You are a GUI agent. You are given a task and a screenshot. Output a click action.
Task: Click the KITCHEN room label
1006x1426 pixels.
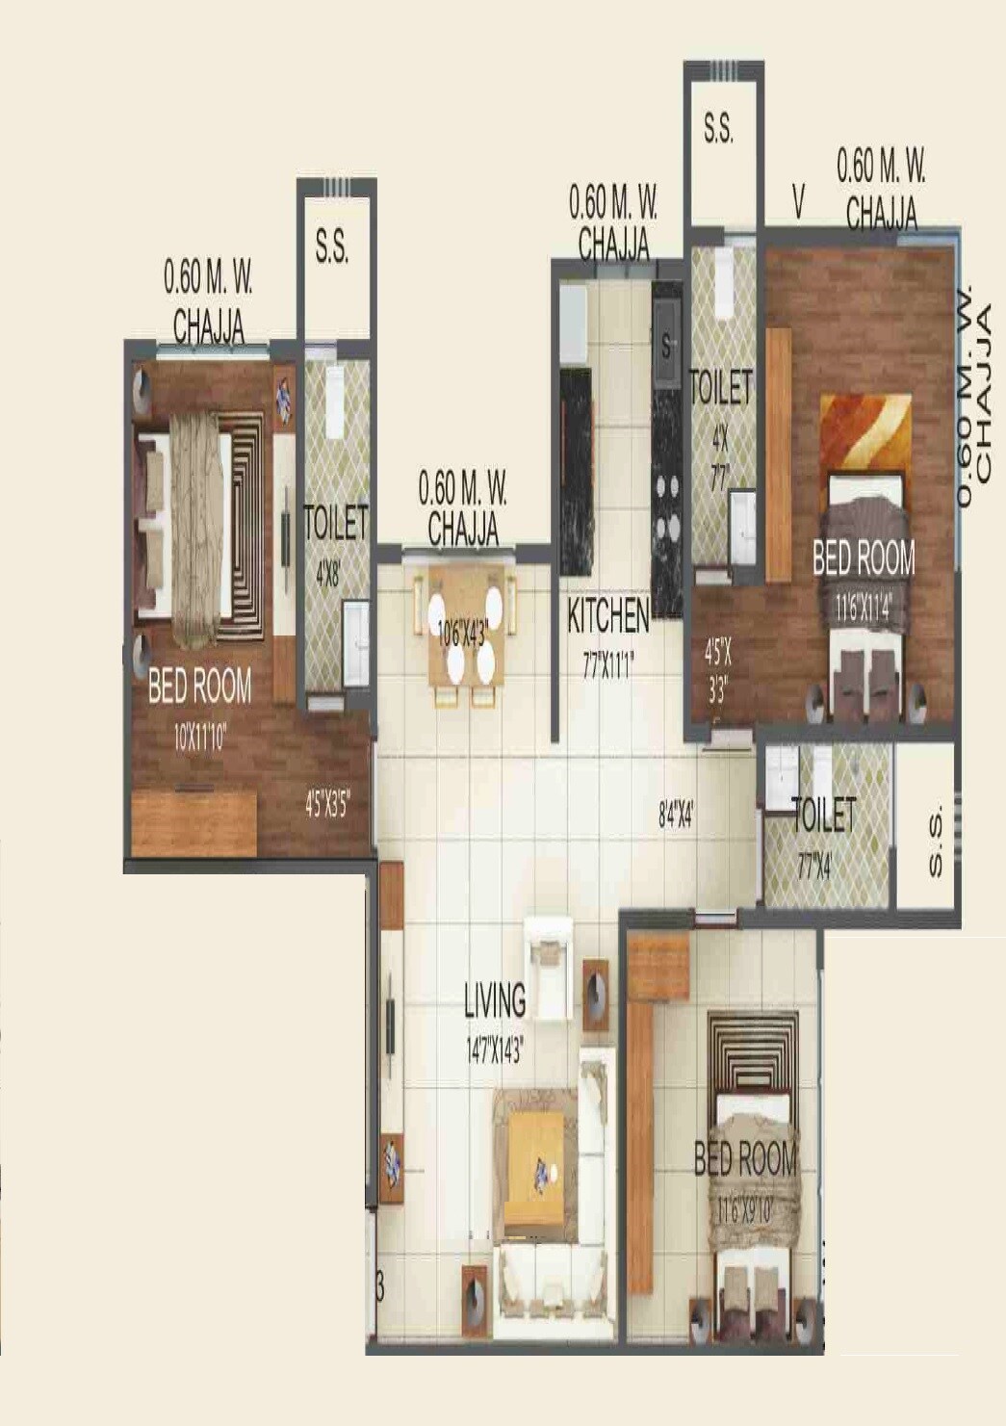(607, 615)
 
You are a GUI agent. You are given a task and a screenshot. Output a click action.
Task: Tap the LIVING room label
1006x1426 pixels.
(495, 1000)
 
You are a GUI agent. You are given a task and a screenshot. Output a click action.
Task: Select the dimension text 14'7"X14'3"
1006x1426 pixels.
(495, 1050)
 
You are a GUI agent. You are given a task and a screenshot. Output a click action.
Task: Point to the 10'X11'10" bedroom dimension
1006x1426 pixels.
(200, 738)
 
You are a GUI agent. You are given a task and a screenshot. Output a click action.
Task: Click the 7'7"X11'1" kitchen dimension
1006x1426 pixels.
(607, 666)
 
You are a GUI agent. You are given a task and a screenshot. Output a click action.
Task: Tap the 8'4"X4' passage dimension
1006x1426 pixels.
(676, 817)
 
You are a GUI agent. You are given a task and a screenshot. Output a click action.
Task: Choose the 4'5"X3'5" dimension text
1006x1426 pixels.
(326, 805)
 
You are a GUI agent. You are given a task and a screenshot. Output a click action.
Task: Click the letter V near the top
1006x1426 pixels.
(798, 202)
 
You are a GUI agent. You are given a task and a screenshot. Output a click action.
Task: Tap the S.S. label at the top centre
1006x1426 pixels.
(718, 129)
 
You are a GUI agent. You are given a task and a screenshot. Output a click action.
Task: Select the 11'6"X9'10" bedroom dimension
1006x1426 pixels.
(745, 1210)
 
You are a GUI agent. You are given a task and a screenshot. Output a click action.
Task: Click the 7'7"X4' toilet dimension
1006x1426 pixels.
(814, 868)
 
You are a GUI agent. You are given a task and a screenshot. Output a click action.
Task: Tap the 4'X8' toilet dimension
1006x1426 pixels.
(327, 575)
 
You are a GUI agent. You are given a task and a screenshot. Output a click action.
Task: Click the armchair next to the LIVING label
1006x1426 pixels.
(549, 968)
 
